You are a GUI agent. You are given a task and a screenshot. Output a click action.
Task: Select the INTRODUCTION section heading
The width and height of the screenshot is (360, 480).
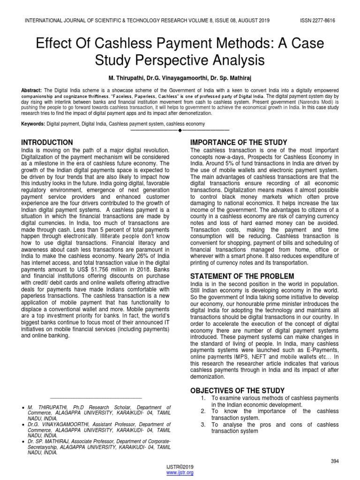47,142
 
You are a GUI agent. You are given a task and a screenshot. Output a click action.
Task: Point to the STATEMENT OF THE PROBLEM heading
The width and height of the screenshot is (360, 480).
240,276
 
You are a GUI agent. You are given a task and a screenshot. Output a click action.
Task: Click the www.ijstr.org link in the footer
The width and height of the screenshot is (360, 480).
180,472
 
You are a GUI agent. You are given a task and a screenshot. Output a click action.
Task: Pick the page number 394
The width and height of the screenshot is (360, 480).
334,461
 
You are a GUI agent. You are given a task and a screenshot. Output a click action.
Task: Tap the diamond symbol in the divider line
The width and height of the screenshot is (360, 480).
180,130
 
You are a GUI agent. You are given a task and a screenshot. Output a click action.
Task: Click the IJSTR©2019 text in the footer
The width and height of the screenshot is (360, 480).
180,467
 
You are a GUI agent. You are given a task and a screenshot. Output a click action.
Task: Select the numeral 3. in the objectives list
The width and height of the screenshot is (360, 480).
203,425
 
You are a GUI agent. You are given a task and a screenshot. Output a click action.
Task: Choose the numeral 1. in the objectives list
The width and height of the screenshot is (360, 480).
203,398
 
